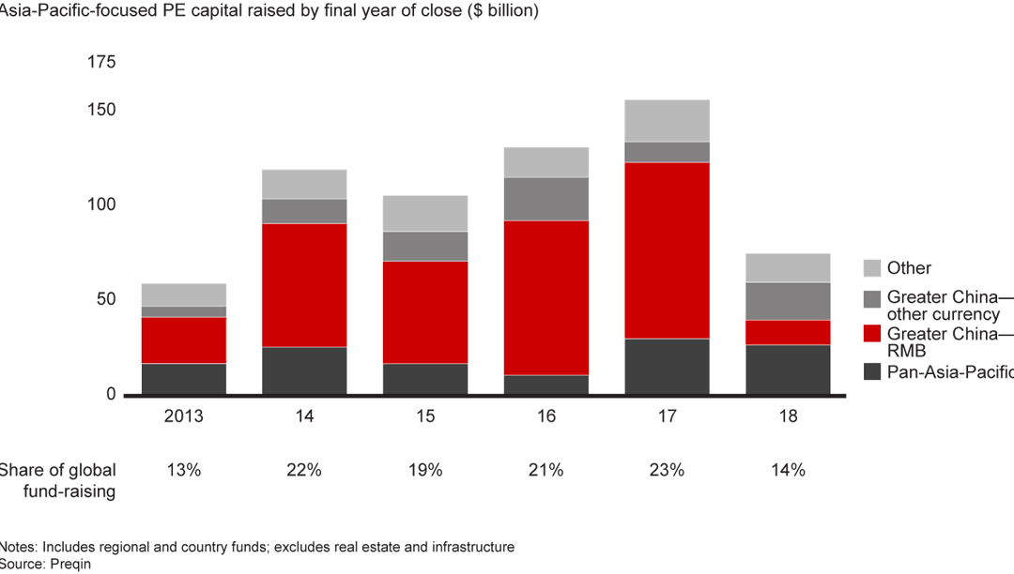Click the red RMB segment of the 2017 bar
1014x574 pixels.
[x=667, y=250]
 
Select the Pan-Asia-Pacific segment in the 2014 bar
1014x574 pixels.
[x=304, y=370]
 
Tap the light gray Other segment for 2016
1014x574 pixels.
[x=546, y=162]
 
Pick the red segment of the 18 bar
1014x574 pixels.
[x=788, y=333]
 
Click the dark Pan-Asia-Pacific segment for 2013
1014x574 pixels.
[x=183, y=379]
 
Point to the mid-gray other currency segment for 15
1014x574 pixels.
[x=425, y=247]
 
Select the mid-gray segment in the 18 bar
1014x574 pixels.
[x=788, y=301]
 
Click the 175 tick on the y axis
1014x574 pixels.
[x=100, y=63]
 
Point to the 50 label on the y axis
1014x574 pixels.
[x=105, y=300]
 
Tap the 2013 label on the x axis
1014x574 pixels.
[x=183, y=416]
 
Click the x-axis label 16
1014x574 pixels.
[x=546, y=416]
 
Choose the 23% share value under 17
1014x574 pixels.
[x=667, y=471]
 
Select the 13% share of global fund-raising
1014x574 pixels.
[x=183, y=471]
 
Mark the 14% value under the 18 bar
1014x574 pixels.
[x=788, y=471]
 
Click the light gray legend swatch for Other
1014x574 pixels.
[x=870, y=268]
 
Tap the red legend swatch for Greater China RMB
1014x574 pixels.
[x=870, y=333]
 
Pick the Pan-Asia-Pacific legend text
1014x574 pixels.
[x=948, y=372]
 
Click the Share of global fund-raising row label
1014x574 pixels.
[x=58, y=481]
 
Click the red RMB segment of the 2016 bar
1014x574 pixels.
[x=546, y=298]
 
